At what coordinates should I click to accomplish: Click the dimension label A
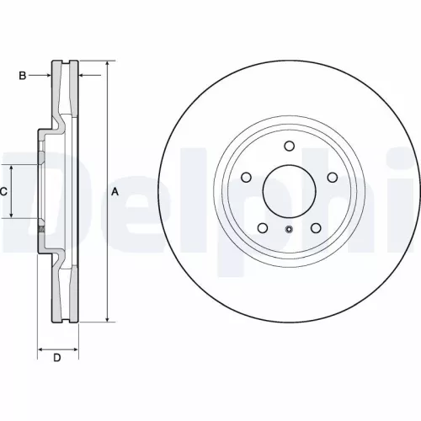pyautogui.click(x=115, y=193)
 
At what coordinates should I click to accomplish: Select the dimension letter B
pyautogui.click(x=23, y=76)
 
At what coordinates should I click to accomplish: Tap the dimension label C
pyautogui.click(x=3, y=192)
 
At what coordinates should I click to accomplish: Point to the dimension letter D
pyautogui.click(x=57, y=360)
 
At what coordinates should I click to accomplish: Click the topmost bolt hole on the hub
pyautogui.click(x=289, y=147)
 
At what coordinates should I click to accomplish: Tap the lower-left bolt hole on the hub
pyautogui.click(x=262, y=228)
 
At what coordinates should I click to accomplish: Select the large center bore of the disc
pyautogui.click(x=289, y=192)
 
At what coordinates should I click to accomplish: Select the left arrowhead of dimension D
pyautogui.click(x=40, y=347)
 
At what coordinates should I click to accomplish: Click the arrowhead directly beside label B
pyautogui.click(x=49, y=76)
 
